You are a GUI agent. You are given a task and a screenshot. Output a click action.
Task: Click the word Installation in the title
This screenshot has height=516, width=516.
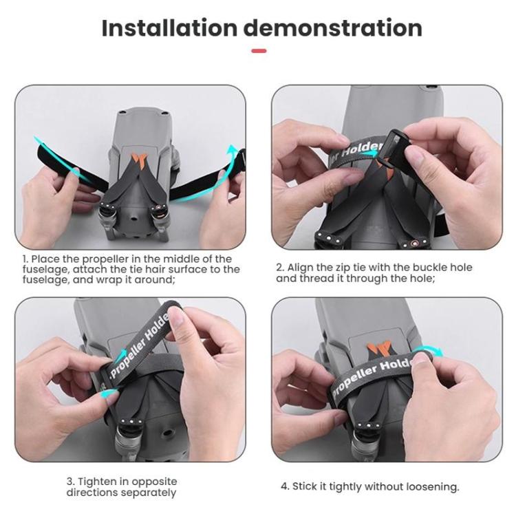pos(169,28)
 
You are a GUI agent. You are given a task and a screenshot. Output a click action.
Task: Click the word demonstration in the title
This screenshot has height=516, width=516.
pos(332,28)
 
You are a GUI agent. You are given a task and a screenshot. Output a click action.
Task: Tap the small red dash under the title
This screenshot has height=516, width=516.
pos(258,50)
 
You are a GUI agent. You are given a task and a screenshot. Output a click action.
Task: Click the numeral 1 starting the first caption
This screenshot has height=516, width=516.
pos(23,259)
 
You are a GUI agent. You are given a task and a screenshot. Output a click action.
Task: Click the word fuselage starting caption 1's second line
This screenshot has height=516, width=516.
pos(45,270)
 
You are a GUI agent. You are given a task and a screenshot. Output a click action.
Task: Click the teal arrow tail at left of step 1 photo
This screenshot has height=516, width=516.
pos(43,144)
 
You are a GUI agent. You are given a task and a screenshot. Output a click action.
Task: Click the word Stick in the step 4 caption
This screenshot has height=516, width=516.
pos(305,486)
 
